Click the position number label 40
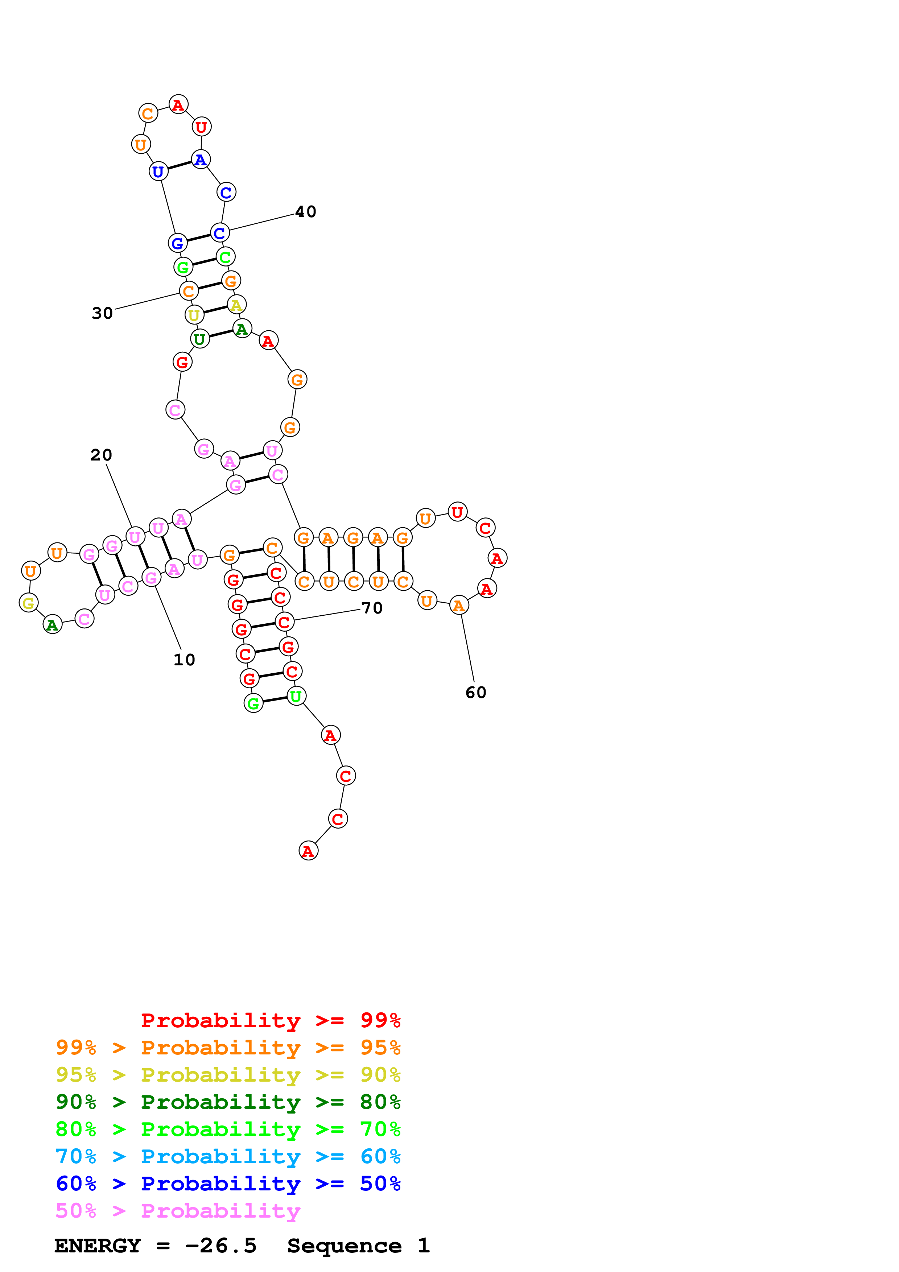305,212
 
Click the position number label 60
475,693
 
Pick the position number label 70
372,608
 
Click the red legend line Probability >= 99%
270,1020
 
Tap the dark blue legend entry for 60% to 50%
228,1184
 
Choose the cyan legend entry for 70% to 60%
228,1156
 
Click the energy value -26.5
220,1246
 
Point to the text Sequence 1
358,1246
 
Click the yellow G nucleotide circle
28,602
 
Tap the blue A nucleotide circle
201,160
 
